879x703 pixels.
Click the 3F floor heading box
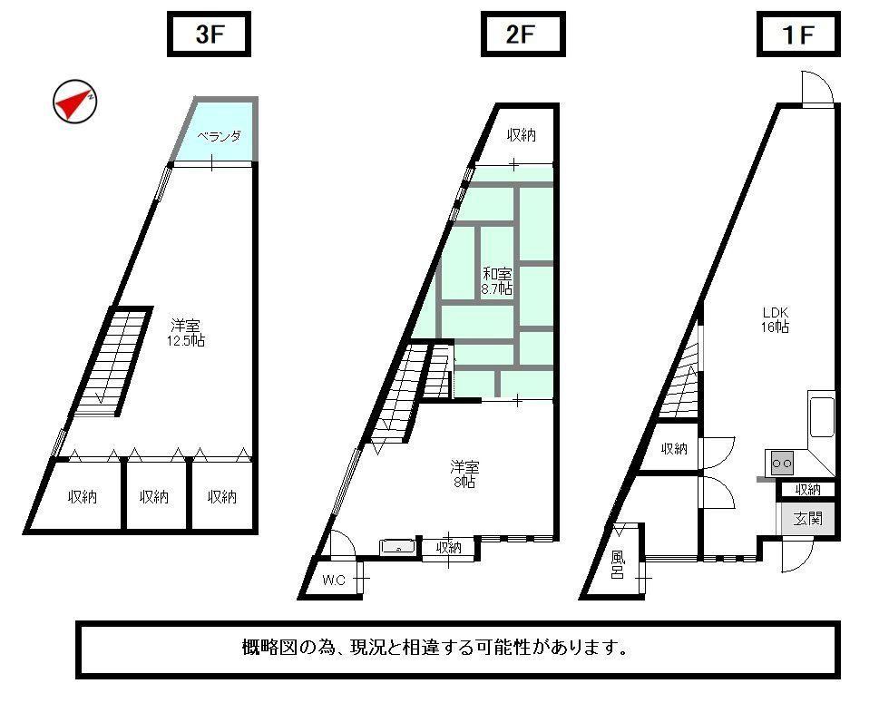point(209,34)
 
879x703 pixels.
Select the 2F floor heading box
point(523,34)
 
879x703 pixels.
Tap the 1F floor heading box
point(798,34)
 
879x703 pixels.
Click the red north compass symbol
point(74,102)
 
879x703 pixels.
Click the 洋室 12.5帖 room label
point(186,333)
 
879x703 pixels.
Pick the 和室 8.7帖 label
point(497,281)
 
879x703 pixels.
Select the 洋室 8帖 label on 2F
point(464,474)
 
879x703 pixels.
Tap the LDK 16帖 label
point(776,319)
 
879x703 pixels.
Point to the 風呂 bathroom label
point(617,564)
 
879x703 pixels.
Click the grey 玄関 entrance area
point(806,518)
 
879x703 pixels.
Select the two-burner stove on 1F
point(781,463)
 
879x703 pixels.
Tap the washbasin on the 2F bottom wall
point(397,547)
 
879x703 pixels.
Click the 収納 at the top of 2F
point(522,134)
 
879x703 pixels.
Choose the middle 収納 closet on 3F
point(154,496)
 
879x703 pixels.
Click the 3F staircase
point(112,362)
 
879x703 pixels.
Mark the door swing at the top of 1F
point(817,88)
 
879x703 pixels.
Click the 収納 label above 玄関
point(808,490)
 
